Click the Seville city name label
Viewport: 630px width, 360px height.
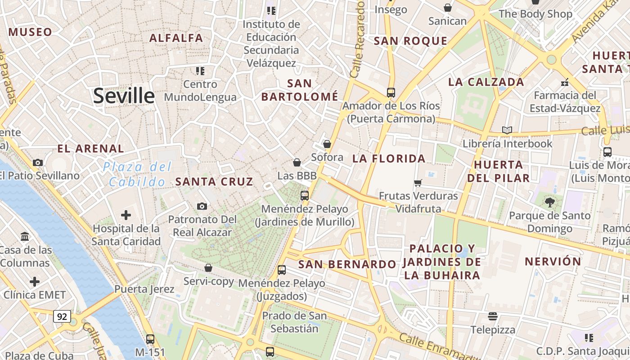[124, 96]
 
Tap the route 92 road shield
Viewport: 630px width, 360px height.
[62, 316]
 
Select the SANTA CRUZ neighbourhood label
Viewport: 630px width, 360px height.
[214, 182]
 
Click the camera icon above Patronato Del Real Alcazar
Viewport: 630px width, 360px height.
[202, 206]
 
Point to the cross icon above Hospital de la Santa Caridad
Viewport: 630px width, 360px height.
[126, 215]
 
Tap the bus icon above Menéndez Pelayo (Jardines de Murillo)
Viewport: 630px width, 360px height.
[305, 196]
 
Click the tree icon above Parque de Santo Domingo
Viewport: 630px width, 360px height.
[549, 202]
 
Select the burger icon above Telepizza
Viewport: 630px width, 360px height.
[493, 316]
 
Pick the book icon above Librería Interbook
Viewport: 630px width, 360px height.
[507, 130]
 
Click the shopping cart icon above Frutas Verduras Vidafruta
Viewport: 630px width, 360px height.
[418, 183]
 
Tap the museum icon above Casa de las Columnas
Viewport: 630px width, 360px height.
[25, 236]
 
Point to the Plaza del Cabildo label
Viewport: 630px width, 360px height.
[137, 174]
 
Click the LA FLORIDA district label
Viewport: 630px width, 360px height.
[389, 158]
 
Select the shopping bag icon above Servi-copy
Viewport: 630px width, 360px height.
[208, 268]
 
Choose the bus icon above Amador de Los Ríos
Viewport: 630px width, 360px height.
[391, 93]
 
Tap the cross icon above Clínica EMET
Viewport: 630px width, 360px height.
[35, 282]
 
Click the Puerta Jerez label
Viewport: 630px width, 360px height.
[144, 289]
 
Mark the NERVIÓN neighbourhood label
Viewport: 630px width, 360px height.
[553, 261]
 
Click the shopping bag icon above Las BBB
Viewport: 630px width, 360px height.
[297, 162]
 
